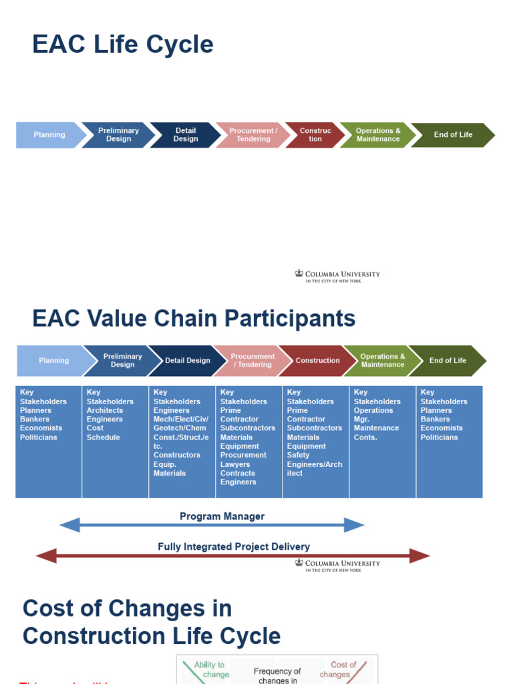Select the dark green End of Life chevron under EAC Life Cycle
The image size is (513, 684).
(453, 135)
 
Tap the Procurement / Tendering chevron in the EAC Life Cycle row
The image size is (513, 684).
(253, 135)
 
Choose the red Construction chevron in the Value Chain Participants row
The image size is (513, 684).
(317, 361)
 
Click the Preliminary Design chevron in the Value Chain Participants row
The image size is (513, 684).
(122, 361)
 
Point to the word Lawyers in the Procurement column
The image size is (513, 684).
(235, 464)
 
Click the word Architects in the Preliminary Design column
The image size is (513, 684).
(105, 410)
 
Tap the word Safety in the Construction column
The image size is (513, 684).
(298, 455)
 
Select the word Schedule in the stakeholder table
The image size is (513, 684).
(103, 438)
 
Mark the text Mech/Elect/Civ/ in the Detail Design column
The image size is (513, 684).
(180, 419)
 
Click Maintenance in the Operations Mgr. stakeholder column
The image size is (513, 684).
(376, 428)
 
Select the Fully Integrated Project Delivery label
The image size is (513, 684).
(234, 546)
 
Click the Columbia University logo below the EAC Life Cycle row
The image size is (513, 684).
(337, 277)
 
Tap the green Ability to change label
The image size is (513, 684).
(211, 669)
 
